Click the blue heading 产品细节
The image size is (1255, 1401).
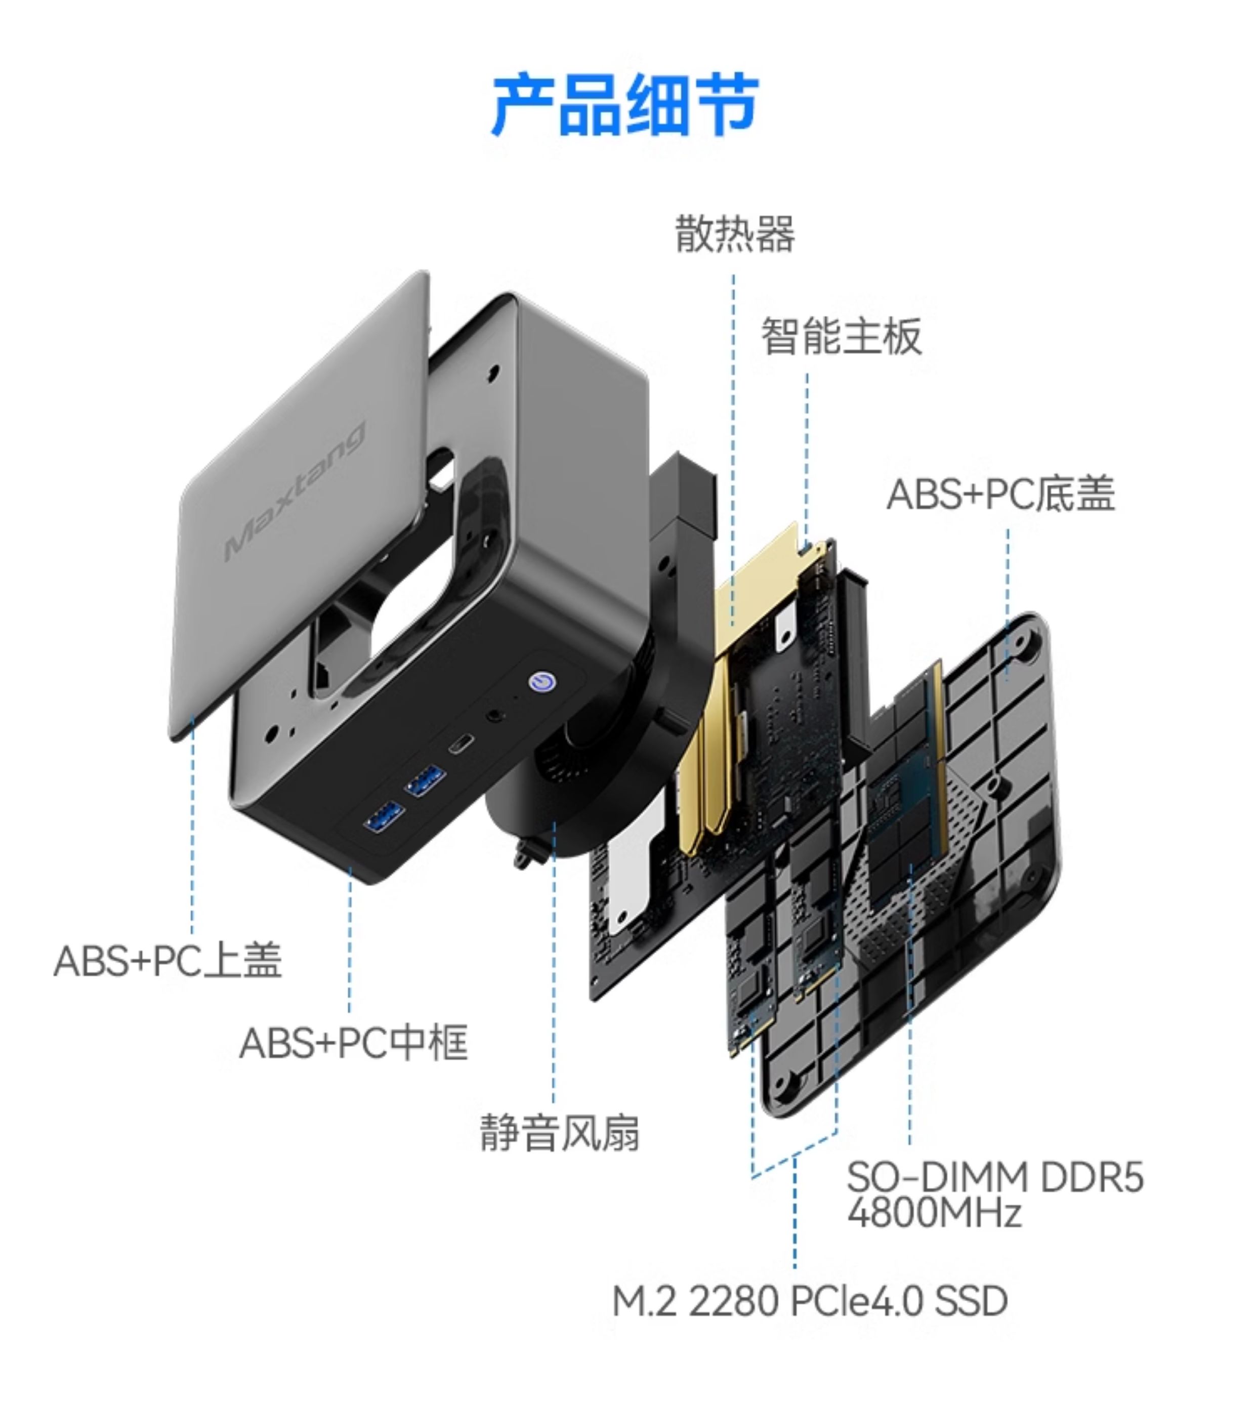pos(625,106)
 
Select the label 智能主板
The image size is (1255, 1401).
pos(841,337)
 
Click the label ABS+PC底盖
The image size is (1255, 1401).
pos(1000,495)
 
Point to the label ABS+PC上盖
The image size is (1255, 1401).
pos(168,960)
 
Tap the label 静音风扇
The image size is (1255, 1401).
pos(559,1133)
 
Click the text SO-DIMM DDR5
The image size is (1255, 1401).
pos(994,1177)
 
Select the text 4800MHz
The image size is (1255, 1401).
pos(934,1213)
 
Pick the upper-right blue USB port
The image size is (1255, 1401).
pos(426,781)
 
